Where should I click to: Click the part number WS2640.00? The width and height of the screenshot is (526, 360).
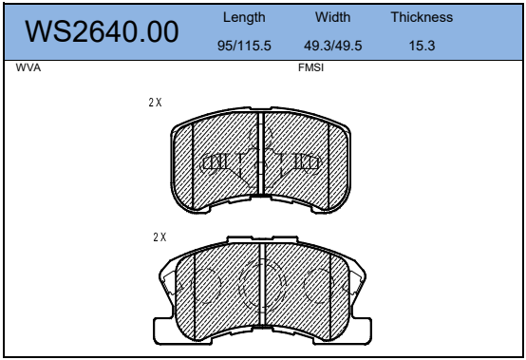pos(102,31)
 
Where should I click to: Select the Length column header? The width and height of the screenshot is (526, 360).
pos(244,17)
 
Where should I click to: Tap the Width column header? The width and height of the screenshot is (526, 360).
pos(332,17)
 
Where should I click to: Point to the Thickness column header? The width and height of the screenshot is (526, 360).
pos(422,17)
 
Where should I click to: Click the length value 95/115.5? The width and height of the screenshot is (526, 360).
pos(244,46)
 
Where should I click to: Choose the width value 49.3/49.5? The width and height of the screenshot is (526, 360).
pos(332,46)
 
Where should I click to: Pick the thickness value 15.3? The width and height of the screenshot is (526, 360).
pos(422,46)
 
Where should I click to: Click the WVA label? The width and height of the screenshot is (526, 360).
pos(28,67)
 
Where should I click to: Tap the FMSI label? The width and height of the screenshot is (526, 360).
pos(310,67)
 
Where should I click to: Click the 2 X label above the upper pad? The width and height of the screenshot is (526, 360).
pos(155,103)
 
